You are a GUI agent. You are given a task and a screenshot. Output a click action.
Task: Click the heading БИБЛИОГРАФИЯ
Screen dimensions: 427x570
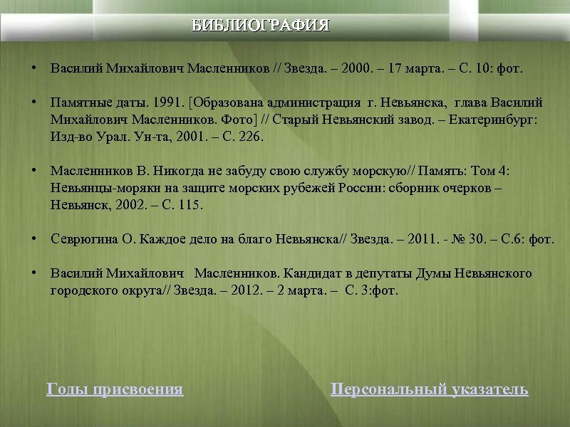[261, 26]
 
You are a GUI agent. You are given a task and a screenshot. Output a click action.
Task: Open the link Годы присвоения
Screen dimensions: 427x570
[115, 389]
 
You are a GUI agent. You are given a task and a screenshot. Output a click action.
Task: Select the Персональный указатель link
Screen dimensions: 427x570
[430, 389]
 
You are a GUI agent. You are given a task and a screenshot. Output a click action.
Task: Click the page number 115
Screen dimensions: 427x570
[190, 205]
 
